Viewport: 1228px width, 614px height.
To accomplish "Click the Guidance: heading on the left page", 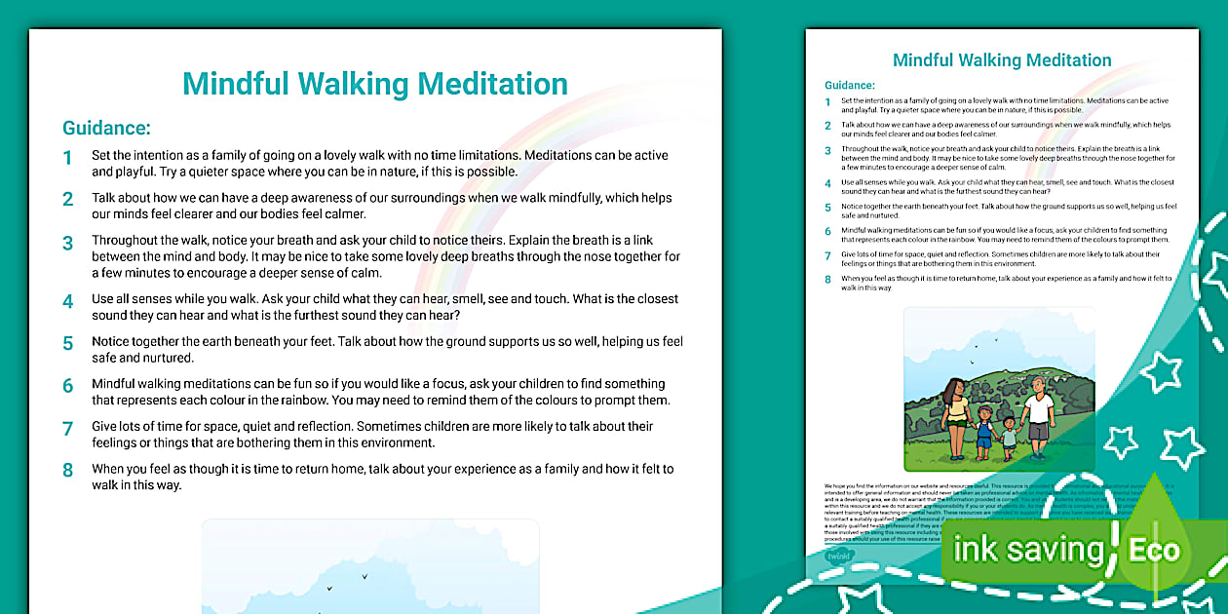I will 106,128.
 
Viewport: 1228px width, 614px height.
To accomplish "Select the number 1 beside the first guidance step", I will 68,158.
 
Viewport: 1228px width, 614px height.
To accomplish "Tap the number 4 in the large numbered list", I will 68,301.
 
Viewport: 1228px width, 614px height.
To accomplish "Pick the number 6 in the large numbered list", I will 68,386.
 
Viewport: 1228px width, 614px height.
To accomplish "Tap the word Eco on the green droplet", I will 1154,550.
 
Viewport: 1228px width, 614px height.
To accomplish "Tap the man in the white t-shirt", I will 1039,409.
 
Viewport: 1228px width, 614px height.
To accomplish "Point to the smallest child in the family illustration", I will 1009,438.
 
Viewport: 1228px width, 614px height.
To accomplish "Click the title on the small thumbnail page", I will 1002,60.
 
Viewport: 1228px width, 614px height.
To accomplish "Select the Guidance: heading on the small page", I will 850,86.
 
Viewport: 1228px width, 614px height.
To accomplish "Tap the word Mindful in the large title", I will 247,84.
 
